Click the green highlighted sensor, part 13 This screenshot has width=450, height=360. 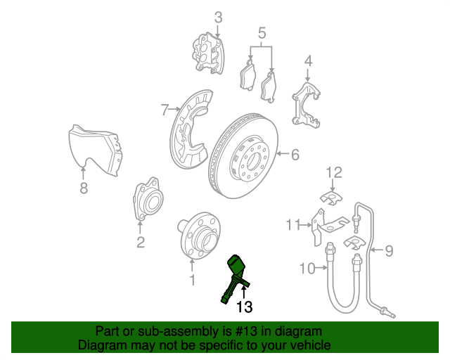pos(234,276)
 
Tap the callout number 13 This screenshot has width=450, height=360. pos(244,307)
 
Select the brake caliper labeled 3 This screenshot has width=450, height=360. pos(208,53)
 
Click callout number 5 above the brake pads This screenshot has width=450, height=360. pos(262,33)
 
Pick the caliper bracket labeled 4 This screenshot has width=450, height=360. pos(307,105)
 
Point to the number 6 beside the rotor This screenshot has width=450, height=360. pos(295,155)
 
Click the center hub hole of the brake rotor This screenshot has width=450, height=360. pos(254,161)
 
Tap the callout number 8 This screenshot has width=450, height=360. pos(84,188)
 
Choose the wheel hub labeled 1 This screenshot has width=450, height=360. pos(198,236)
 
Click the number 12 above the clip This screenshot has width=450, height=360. pos(335,172)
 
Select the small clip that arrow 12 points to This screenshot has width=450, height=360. pos(331,199)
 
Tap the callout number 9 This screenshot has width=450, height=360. pos(389,250)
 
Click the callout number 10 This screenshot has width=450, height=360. pos(307,269)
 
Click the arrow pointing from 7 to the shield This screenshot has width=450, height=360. pos(174,109)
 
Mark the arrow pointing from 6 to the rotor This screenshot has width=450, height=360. pos(283,154)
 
